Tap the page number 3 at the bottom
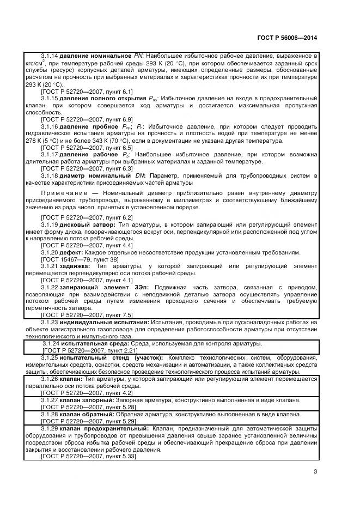[315, 472]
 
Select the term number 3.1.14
[49, 56]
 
